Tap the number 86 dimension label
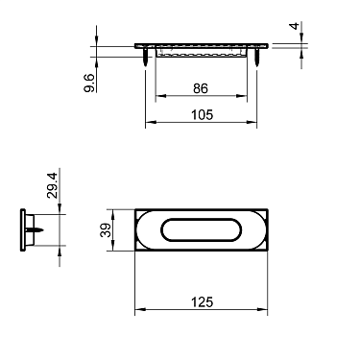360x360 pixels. (x=200, y=88)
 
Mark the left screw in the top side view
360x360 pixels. (x=145, y=58)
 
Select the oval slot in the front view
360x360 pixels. (x=200, y=230)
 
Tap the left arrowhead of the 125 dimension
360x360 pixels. (x=138, y=309)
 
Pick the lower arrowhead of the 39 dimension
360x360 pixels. (x=116, y=248)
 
